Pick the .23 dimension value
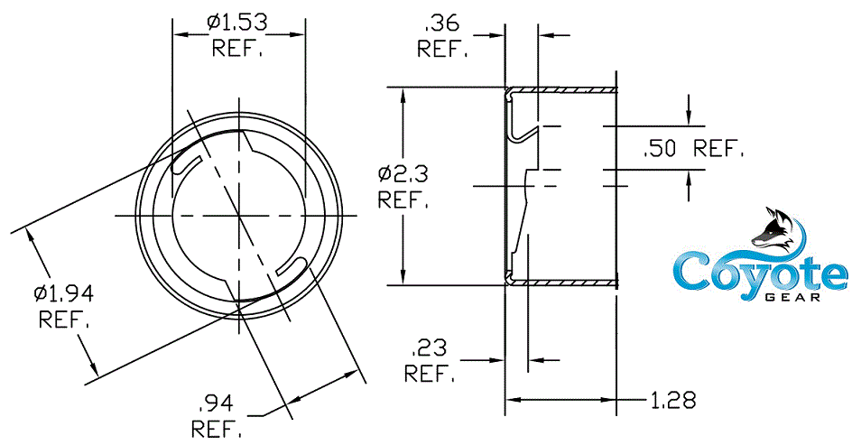click(x=428, y=347)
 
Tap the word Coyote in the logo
click(x=761, y=272)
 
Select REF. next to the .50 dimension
click(x=719, y=150)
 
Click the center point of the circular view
click(x=239, y=215)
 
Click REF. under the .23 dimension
click(x=430, y=372)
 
